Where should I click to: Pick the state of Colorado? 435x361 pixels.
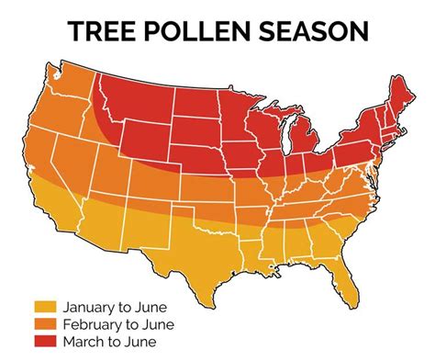[x=156, y=175]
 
